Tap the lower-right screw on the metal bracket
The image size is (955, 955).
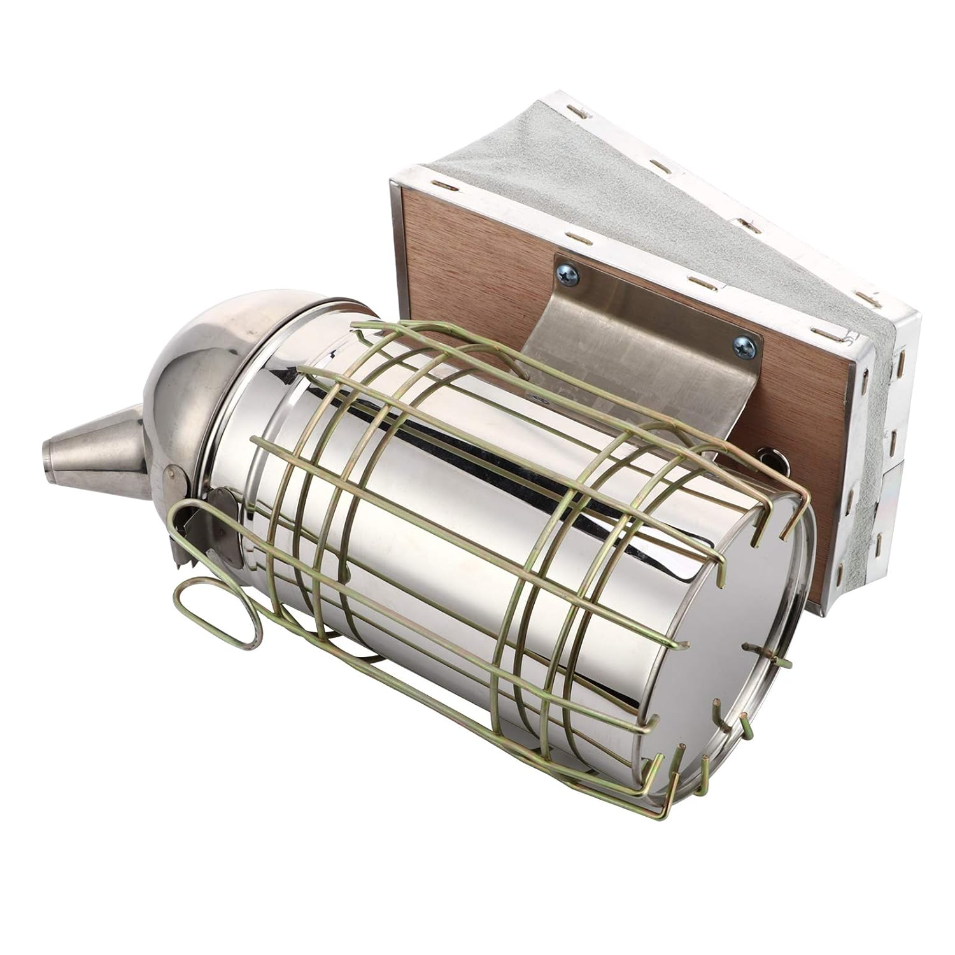742,348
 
